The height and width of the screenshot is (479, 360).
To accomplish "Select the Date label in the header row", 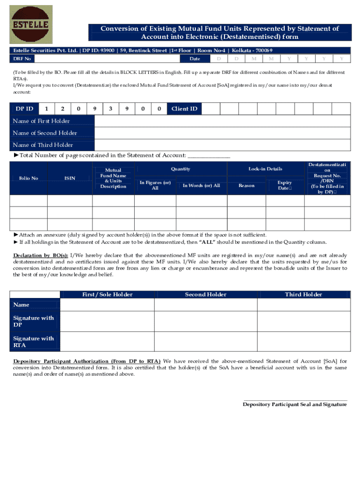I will (x=194, y=58).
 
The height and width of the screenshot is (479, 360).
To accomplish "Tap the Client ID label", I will (x=184, y=109).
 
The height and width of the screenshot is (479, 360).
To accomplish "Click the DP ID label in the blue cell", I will (x=24, y=109).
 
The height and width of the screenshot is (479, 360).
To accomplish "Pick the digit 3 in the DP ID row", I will (x=110, y=109).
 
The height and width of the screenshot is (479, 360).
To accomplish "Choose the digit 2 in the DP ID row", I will (x=62, y=109).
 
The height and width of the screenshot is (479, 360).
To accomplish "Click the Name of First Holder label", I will (x=42, y=121).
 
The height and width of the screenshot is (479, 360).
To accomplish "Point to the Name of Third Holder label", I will (x=43, y=145).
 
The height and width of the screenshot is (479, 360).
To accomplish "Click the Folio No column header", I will (x=29, y=178).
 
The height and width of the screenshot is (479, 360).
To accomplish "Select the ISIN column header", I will (x=70, y=178).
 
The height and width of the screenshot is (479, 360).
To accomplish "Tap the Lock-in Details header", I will (x=265, y=169).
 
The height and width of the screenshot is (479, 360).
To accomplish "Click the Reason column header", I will (x=246, y=186).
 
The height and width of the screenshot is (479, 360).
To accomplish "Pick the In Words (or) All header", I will (x=201, y=186).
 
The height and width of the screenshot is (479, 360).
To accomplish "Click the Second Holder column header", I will (x=206, y=295).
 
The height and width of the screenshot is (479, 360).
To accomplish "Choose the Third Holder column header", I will (x=303, y=295).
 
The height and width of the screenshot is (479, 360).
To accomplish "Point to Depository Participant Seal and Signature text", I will (x=295, y=404).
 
